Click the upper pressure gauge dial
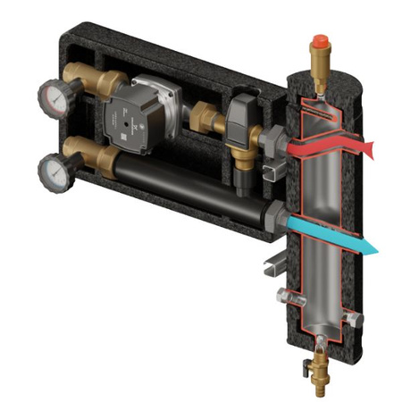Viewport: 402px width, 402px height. [x=51, y=97]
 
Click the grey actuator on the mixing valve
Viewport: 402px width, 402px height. [x=239, y=117]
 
